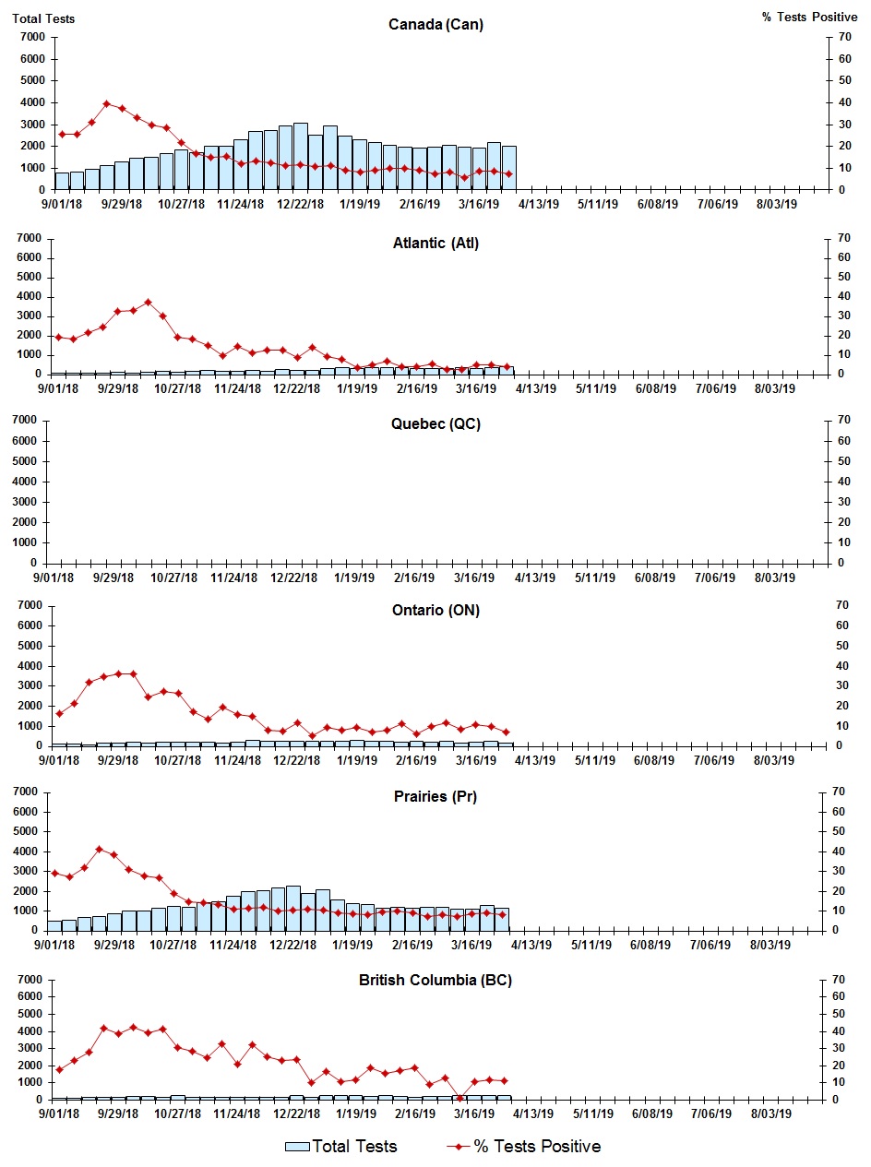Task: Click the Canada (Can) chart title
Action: pyautogui.click(x=435, y=25)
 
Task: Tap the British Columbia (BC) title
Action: pyautogui.click(x=435, y=980)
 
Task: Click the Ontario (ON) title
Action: pyautogui.click(x=435, y=611)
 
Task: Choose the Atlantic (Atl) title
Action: pyautogui.click(x=435, y=244)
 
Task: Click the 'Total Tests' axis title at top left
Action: pyautogui.click(x=43, y=18)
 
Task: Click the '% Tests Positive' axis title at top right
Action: pyautogui.click(x=810, y=18)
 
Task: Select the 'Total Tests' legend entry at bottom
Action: pyautogui.click(x=342, y=1147)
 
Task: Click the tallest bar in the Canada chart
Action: pyautogui.click(x=301, y=155)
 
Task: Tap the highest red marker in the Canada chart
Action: pyautogui.click(x=107, y=103)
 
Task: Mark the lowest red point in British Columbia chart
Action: pyautogui.click(x=459, y=1098)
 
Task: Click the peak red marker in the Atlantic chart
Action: pyautogui.click(x=148, y=302)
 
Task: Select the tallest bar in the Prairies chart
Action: pyautogui.click(x=292, y=908)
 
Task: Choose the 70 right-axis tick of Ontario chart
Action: pyautogui.click(x=841, y=605)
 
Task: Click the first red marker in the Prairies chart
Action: pyautogui.click(x=54, y=873)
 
